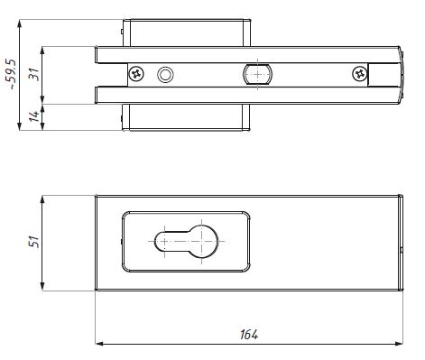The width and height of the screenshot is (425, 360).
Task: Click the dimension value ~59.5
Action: click(12, 74)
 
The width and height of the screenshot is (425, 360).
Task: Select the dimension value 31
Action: click(33, 74)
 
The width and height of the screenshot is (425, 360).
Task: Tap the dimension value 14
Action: click(35, 115)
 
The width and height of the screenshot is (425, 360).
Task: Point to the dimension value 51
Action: click(33, 242)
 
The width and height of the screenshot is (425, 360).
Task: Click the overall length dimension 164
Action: click(249, 334)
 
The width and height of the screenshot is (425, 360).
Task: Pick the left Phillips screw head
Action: click(136, 74)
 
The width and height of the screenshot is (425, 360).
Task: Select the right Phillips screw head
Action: click(360, 74)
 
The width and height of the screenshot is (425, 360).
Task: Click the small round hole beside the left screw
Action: click(165, 74)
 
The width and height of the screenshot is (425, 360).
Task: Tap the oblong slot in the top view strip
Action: click(258, 74)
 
